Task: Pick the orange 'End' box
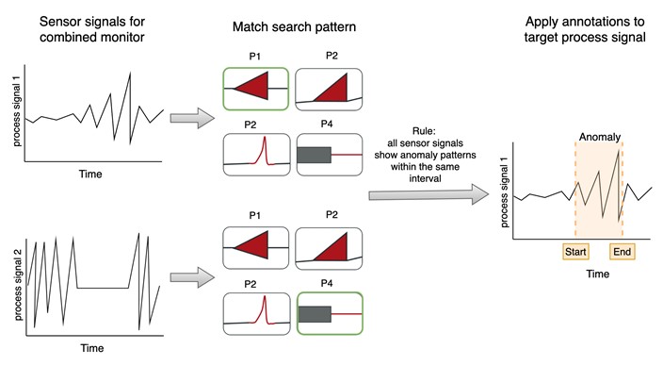click(623, 252)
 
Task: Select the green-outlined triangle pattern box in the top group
click(255, 89)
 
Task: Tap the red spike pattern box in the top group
click(255, 154)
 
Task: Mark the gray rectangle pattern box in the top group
click(329, 154)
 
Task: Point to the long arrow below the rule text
click(429, 193)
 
